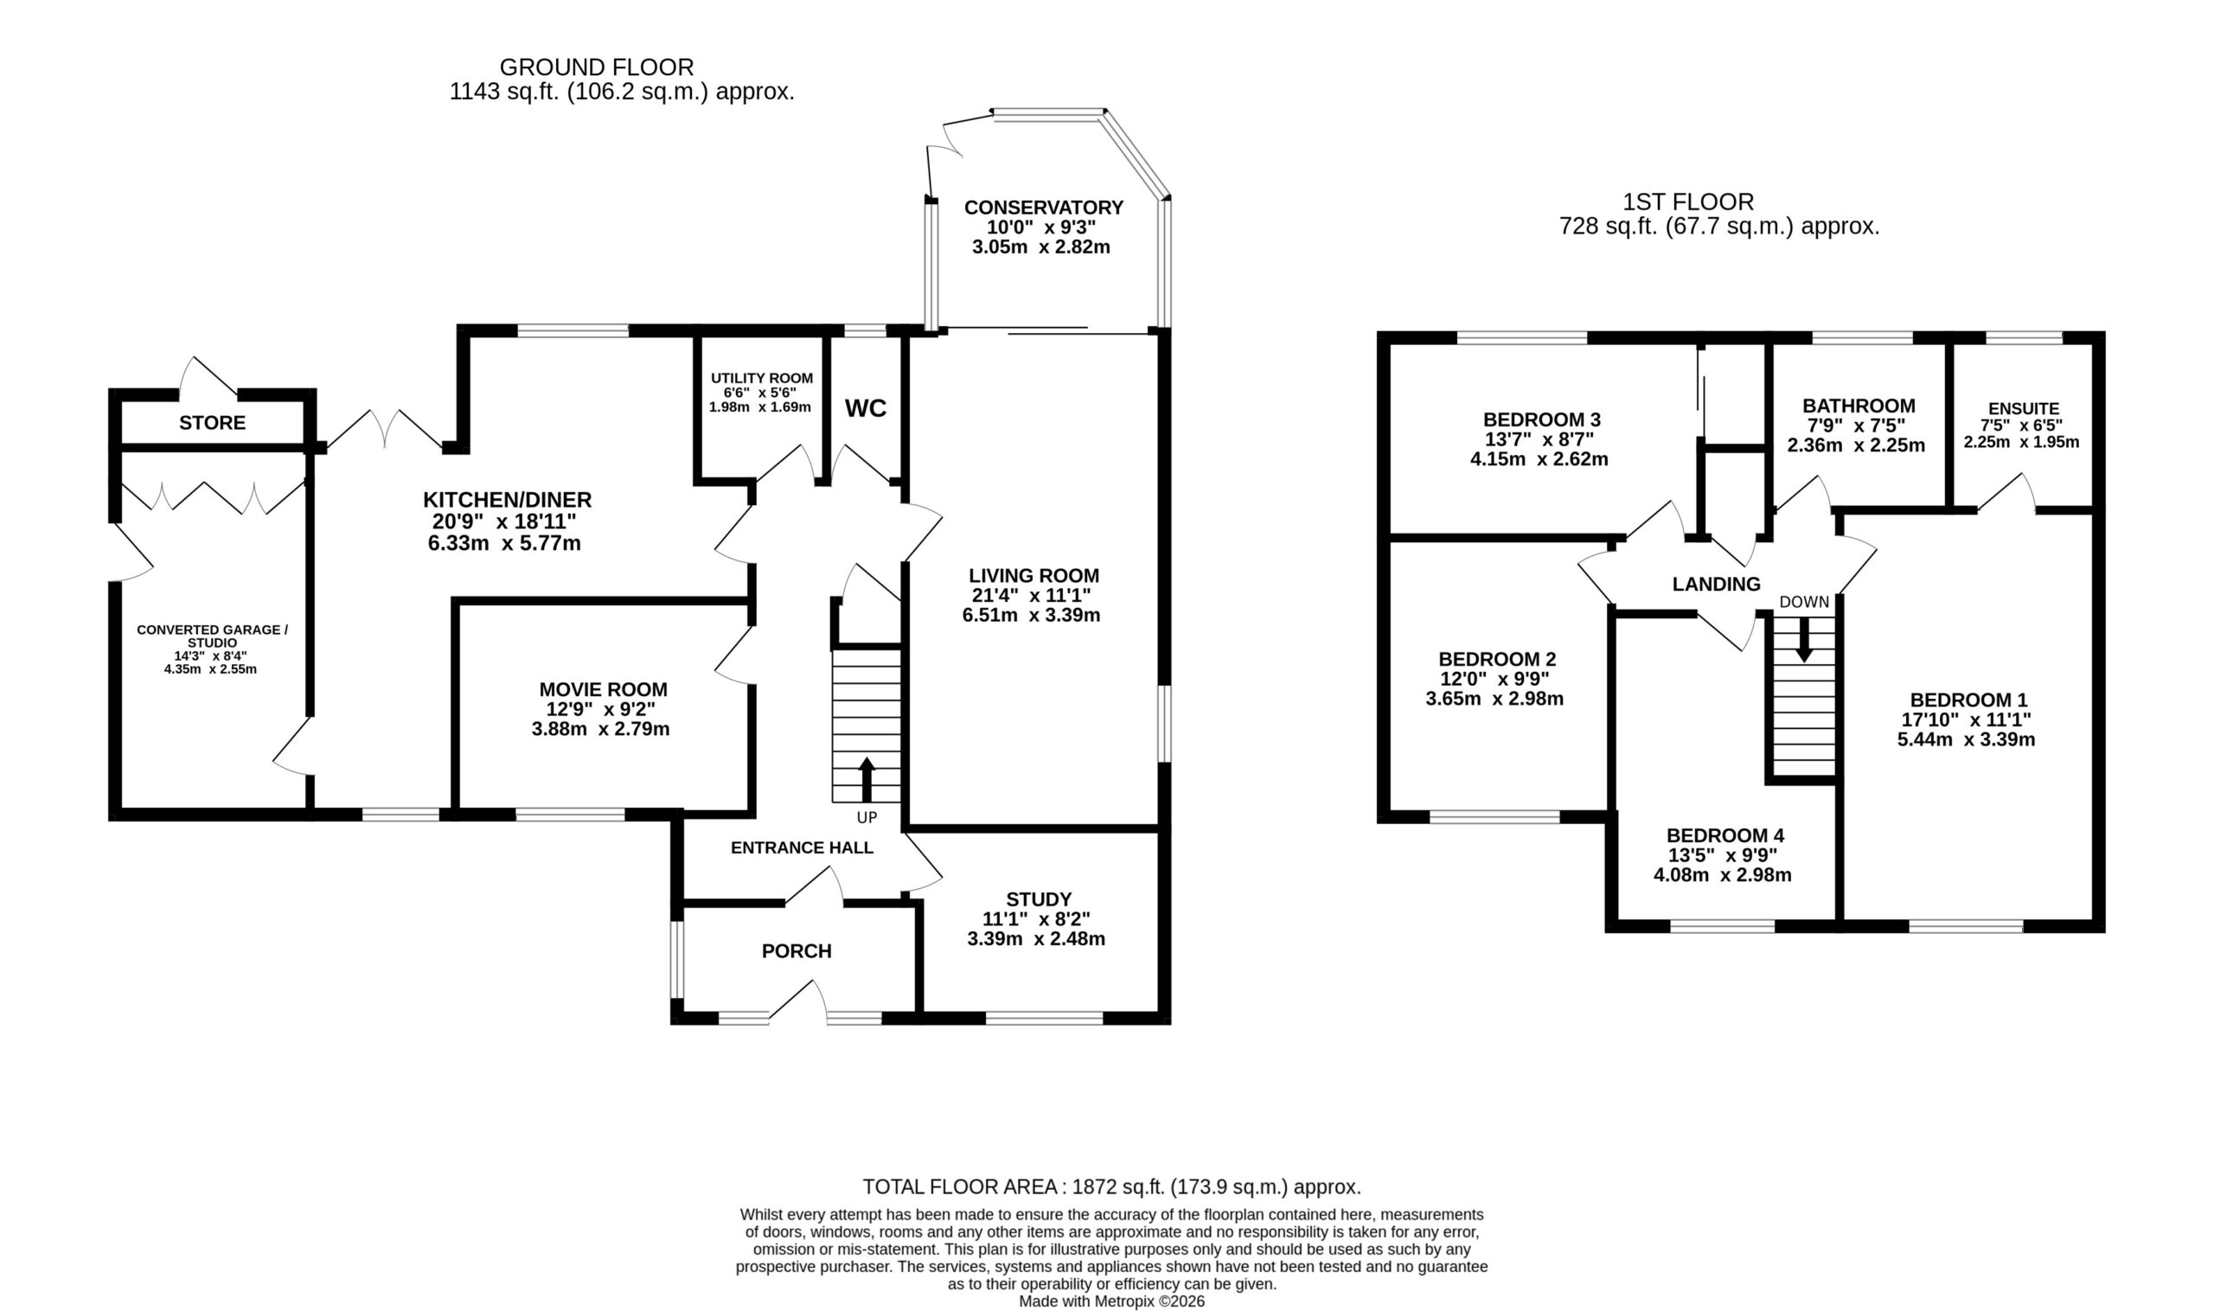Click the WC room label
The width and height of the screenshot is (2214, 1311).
coord(865,408)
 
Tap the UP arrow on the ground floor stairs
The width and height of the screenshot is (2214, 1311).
coord(867,779)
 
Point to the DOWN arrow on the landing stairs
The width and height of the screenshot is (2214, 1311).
coord(1803,639)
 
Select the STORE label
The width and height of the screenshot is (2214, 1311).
coord(212,423)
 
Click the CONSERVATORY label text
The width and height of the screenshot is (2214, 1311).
coord(1043,208)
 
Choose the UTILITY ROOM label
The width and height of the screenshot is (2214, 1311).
coord(762,378)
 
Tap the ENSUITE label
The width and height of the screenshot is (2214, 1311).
coord(2023,409)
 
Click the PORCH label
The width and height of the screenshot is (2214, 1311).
coord(796,951)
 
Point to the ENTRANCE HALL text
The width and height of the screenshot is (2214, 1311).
coord(802,848)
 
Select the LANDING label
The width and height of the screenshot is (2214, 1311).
coord(1716,584)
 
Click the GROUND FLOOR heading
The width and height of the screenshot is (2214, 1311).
coord(597,67)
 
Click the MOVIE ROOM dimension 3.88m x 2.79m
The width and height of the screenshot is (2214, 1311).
coord(600,730)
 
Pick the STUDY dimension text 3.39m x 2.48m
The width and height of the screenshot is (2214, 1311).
coord(1035,939)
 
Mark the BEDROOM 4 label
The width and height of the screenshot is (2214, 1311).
coord(1724,835)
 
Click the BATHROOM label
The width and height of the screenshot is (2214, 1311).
coord(1859,406)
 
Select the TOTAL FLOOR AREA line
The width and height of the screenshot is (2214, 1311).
coord(1111,1186)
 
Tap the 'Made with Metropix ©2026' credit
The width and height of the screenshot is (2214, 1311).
coord(1111,1301)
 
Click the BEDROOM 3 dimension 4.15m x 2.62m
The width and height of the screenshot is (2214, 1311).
coord(1539,459)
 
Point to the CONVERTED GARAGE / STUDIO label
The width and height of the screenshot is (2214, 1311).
coord(212,636)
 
